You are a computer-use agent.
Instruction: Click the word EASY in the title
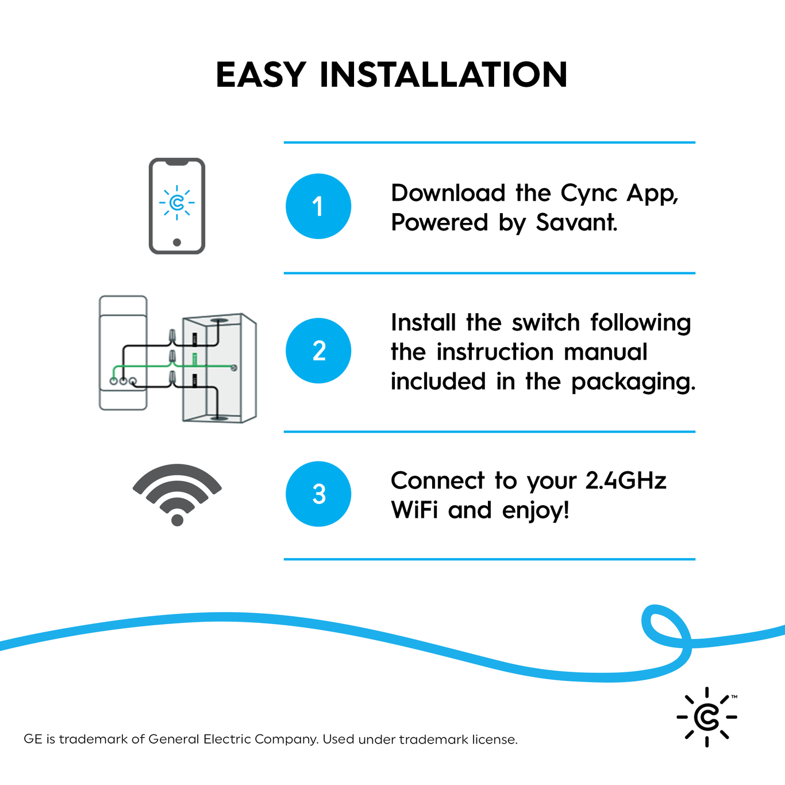[x=260, y=75]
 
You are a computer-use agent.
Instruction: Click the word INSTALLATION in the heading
[x=443, y=75]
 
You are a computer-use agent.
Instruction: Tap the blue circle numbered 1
[x=318, y=206]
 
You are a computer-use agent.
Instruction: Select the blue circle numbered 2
[x=318, y=351]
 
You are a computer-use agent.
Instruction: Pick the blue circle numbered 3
[x=318, y=494]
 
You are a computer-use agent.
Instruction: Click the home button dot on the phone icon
[x=177, y=242]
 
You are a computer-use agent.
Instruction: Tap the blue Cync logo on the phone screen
[x=177, y=202]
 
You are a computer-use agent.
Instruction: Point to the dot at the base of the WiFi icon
[x=177, y=520]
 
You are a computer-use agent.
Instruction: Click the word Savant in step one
[x=576, y=223]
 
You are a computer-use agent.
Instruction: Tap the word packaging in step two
[x=633, y=382]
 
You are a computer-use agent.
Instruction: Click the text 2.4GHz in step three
[x=626, y=481]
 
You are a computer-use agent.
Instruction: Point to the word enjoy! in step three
[x=536, y=511]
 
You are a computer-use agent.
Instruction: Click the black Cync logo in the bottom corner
[x=707, y=717]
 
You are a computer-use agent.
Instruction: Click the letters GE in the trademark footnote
[x=33, y=739]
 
